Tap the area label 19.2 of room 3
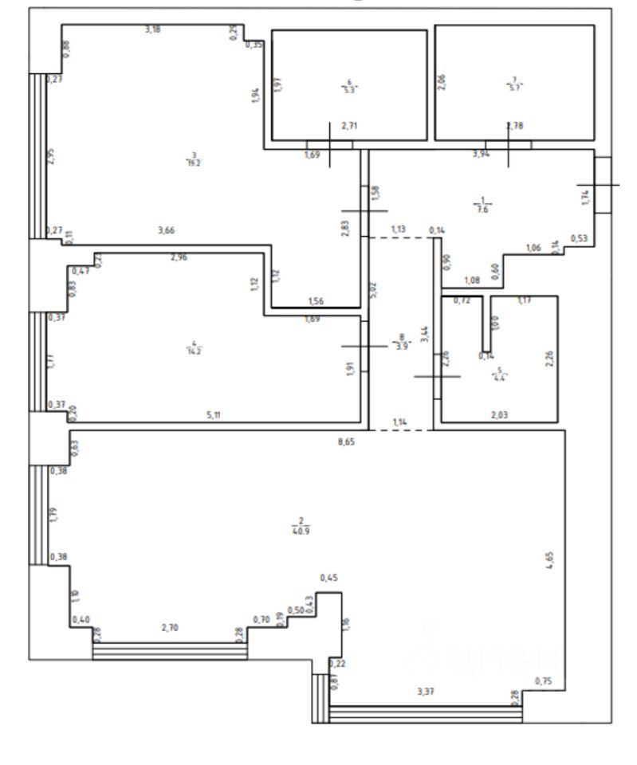[191, 162]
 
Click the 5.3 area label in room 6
[348, 90]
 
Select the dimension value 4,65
[549, 557]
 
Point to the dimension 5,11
[213, 415]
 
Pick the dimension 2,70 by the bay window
[169, 628]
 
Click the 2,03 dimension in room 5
[500, 414]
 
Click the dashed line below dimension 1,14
[401, 430]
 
